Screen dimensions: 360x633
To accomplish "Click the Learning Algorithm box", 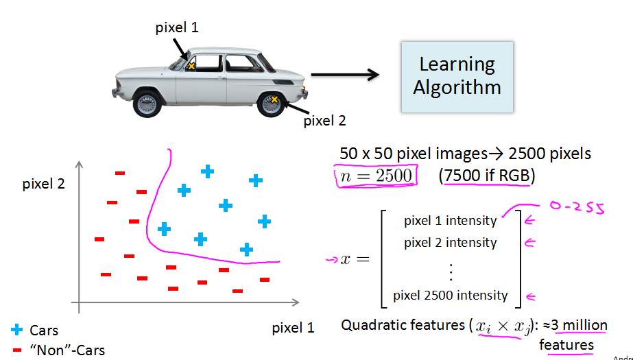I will (x=457, y=77).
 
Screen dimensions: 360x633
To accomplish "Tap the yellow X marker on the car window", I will (x=192, y=66).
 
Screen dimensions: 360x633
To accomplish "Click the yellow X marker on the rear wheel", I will (x=274, y=100).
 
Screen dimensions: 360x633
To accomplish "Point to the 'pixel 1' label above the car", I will (x=176, y=28).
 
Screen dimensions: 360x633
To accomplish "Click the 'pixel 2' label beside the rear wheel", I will (x=324, y=121).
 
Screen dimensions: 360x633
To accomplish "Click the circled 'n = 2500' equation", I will (x=374, y=176).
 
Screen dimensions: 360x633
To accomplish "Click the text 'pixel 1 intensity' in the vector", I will (x=450, y=221).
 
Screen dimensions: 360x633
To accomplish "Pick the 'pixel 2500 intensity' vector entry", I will (x=450, y=296).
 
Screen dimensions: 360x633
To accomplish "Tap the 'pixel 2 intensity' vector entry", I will (x=450, y=242).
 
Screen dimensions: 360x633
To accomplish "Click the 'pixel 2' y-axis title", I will (x=44, y=184).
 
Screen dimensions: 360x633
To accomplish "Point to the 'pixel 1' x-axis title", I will (x=293, y=327).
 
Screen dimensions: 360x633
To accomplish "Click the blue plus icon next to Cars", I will (x=16, y=330).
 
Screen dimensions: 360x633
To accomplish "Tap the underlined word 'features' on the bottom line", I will (x=566, y=344).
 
